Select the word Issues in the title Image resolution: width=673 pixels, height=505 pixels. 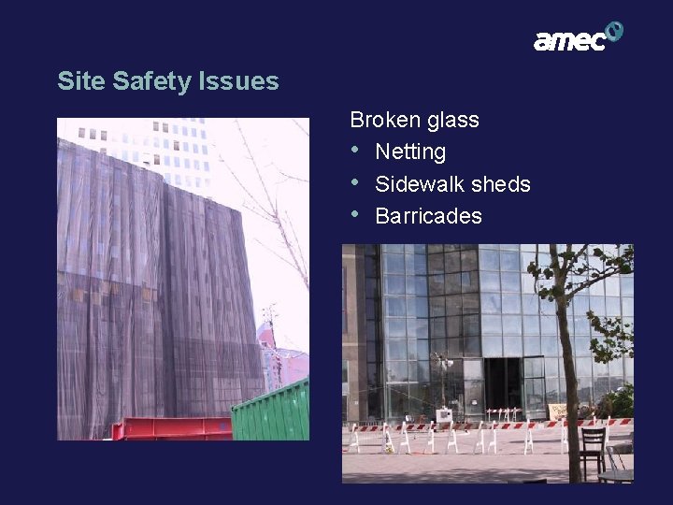(238, 81)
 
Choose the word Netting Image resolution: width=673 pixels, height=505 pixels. (410, 151)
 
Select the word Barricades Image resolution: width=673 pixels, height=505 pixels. (428, 216)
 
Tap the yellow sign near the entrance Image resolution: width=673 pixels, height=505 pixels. (558, 411)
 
